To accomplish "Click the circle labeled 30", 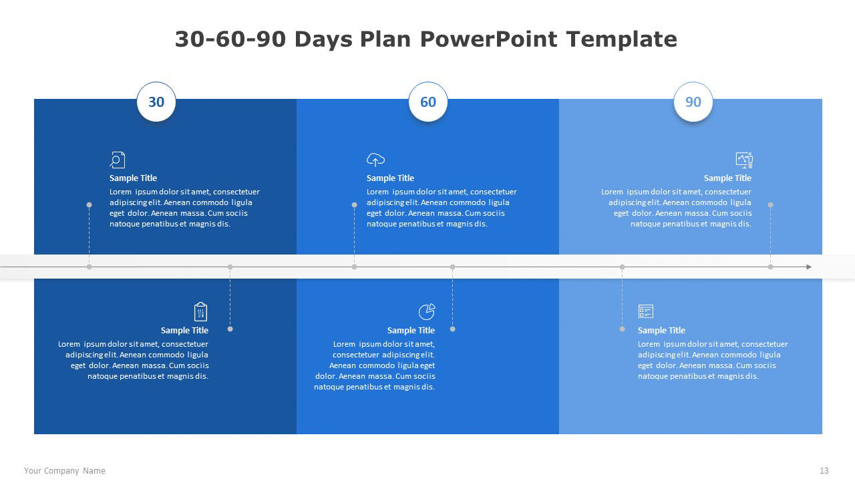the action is [156, 102].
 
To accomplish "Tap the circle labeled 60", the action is [428, 102].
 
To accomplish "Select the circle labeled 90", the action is [693, 102].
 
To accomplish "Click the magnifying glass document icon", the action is [117, 160].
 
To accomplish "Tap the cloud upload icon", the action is [375, 160].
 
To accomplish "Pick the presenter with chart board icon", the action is [744, 160].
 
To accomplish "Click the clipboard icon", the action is [200, 311].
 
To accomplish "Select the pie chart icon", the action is [427, 311].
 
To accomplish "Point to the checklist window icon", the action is [646, 311].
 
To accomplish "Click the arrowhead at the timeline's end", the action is [809, 267].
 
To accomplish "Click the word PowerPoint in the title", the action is [489, 39].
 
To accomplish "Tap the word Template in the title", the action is [622, 39].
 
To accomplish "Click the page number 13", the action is [824, 471].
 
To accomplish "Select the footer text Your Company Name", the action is [65, 471].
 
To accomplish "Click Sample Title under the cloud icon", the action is [390, 178].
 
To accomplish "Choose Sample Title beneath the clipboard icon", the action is [184, 330].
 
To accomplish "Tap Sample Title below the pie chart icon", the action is [411, 330].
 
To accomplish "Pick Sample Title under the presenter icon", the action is [727, 178].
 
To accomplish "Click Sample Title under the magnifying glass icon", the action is [133, 178].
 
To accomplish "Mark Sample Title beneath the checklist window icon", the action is [661, 330].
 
